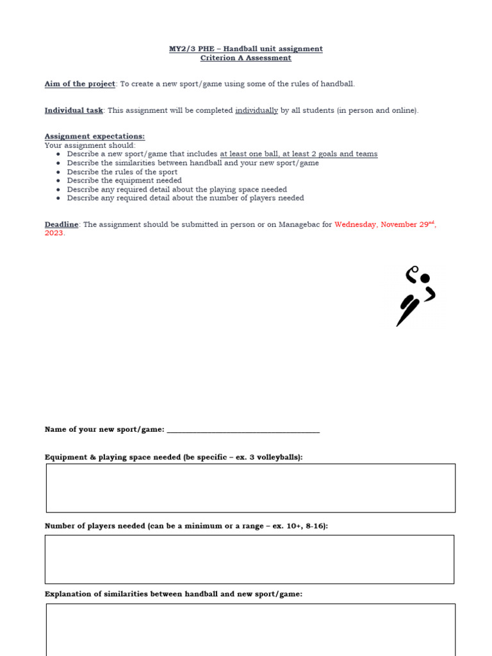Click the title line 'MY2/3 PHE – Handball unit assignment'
pyautogui.click(x=246, y=49)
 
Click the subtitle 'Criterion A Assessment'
pyautogui.click(x=246, y=58)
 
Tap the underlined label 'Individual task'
pyautogui.click(x=74, y=110)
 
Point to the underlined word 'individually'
pyautogui.click(x=256, y=110)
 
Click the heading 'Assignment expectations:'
pyautogui.click(x=94, y=136)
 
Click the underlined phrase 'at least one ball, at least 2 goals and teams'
pyautogui.click(x=299, y=154)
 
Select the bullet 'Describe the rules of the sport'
pyautogui.click(x=122, y=172)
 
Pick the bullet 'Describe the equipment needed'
pyautogui.click(x=124, y=181)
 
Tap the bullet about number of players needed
pyautogui.click(x=185, y=198)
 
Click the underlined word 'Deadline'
pyautogui.click(x=61, y=224)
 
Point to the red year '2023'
pyautogui.click(x=54, y=233)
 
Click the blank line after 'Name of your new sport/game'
pyautogui.click(x=243, y=430)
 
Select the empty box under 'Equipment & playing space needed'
pyautogui.click(x=250, y=488)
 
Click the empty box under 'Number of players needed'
pyautogui.click(x=249, y=559)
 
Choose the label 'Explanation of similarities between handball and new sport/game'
pyautogui.click(x=173, y=594)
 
